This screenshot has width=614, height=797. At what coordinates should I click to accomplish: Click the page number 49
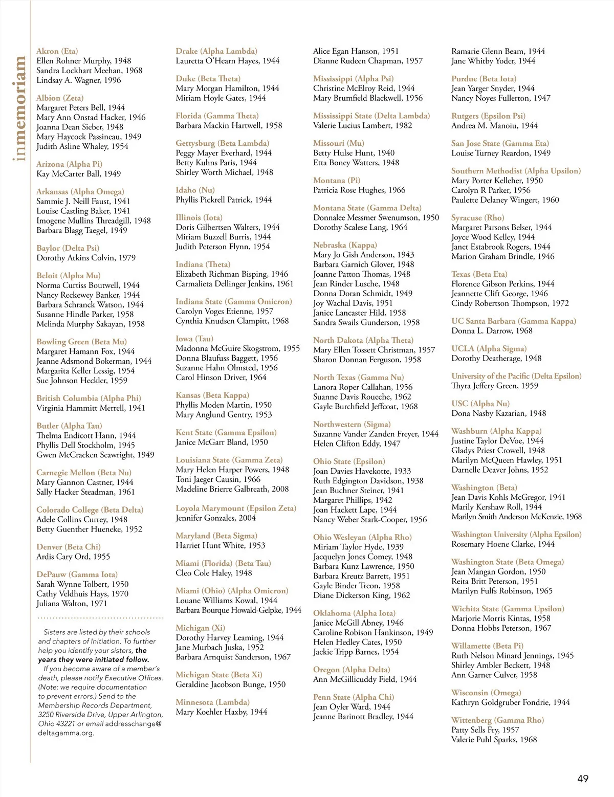point(583,779)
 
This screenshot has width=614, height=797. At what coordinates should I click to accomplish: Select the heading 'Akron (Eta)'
point(57,51)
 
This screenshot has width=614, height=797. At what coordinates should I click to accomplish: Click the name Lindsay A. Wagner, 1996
point(79,80)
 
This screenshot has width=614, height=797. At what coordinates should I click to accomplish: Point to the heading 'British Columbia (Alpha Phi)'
point(89,398)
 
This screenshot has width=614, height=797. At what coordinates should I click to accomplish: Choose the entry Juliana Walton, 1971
point(72,604)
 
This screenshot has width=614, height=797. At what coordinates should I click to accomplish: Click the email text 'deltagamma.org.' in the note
point(66,733)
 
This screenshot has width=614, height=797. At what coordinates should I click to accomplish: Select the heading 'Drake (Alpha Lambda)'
point(216,51)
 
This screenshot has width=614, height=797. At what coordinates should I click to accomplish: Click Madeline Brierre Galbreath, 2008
point(232,489)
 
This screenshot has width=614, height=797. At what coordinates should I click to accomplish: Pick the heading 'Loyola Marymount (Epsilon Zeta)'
point(236,508)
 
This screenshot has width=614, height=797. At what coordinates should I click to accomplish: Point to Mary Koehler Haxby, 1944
point(222,712)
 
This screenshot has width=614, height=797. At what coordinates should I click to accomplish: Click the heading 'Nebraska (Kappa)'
point(345,245)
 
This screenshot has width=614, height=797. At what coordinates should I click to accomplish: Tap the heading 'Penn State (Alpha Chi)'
point(354,697)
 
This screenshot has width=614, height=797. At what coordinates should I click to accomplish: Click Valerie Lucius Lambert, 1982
point(363,125)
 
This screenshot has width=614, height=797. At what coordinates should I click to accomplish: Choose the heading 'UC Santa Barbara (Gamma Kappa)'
point(514,321)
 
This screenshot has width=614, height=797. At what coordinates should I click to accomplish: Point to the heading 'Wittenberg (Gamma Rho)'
point(497,720)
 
